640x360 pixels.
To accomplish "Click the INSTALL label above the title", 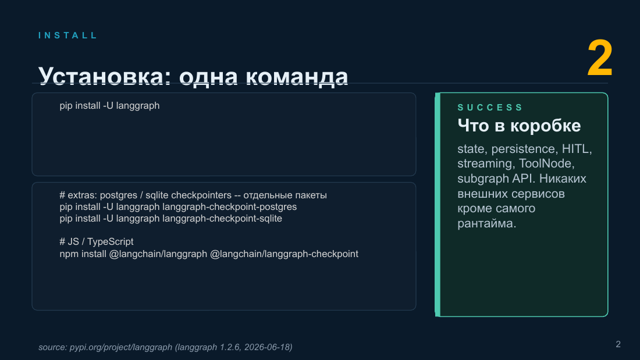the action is click(67, 35).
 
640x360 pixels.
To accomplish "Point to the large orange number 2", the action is click(600, 58).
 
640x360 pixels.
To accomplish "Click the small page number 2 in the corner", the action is click(618, 344).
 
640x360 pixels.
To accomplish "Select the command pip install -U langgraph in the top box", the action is click(109, 106).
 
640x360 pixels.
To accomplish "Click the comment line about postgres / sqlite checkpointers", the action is click(193, 195).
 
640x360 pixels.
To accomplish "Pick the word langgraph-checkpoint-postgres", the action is click(229, 207).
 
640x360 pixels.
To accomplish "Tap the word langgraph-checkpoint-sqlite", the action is click(222, 218).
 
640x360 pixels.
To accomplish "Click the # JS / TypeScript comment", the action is click(97, 241).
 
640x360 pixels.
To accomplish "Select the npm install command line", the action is click(209, 254).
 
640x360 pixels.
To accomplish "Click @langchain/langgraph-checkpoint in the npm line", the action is click(284, 254).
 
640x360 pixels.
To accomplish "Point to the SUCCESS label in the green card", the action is click(490, 108).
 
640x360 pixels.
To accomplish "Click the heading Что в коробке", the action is click(519, 126).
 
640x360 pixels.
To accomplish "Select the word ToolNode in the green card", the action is click(546, 163).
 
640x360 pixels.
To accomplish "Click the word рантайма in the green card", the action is click(486, 224).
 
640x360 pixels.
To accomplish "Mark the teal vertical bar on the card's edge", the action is click(438, 205).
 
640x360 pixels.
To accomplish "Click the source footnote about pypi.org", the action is click(165, 347).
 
